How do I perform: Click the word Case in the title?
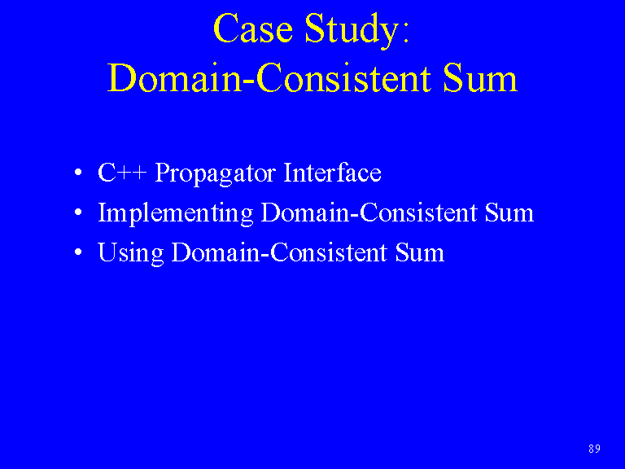(253, 28)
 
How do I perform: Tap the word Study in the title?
(352, 31)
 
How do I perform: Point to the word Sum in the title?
(480, 78)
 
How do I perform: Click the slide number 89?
(594, 449)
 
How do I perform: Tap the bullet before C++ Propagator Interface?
(78, 173)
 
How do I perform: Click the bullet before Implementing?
(78, 213)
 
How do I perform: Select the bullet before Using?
(78, 252)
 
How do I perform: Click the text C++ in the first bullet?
(122, 173)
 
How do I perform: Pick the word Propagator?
(215, 174)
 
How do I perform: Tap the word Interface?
(332, 172)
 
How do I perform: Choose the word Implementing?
(176, 214)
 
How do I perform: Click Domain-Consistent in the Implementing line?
(369, 213)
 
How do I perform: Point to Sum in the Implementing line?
(509, 213)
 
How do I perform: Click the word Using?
(131, 254)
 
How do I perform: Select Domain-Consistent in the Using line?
(279, 252)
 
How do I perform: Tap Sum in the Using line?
(420, 252)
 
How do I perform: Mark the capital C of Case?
(225, 28)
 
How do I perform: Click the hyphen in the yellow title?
(249, 81)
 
